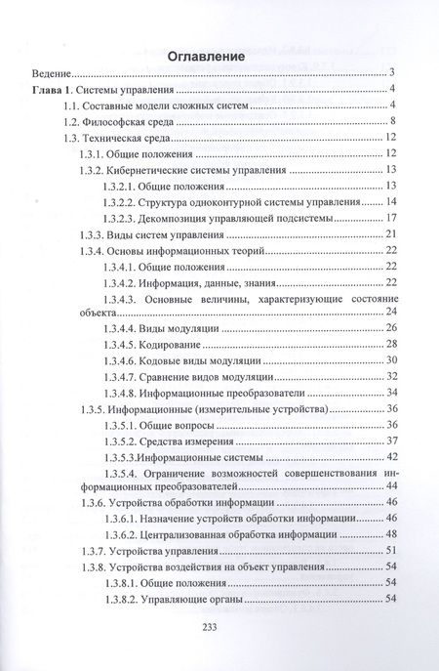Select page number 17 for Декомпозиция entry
tap(389, 217)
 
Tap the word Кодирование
tap(172, 345)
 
